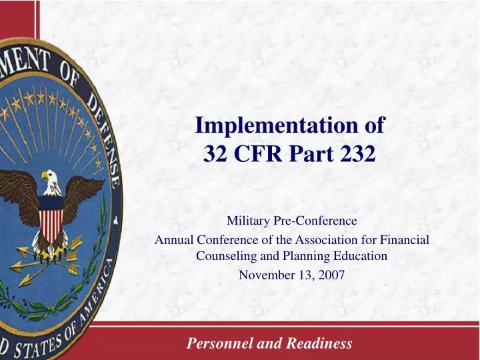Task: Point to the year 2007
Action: [331, 275]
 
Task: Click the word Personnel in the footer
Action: [215, 344]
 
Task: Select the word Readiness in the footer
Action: [319, 344]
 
